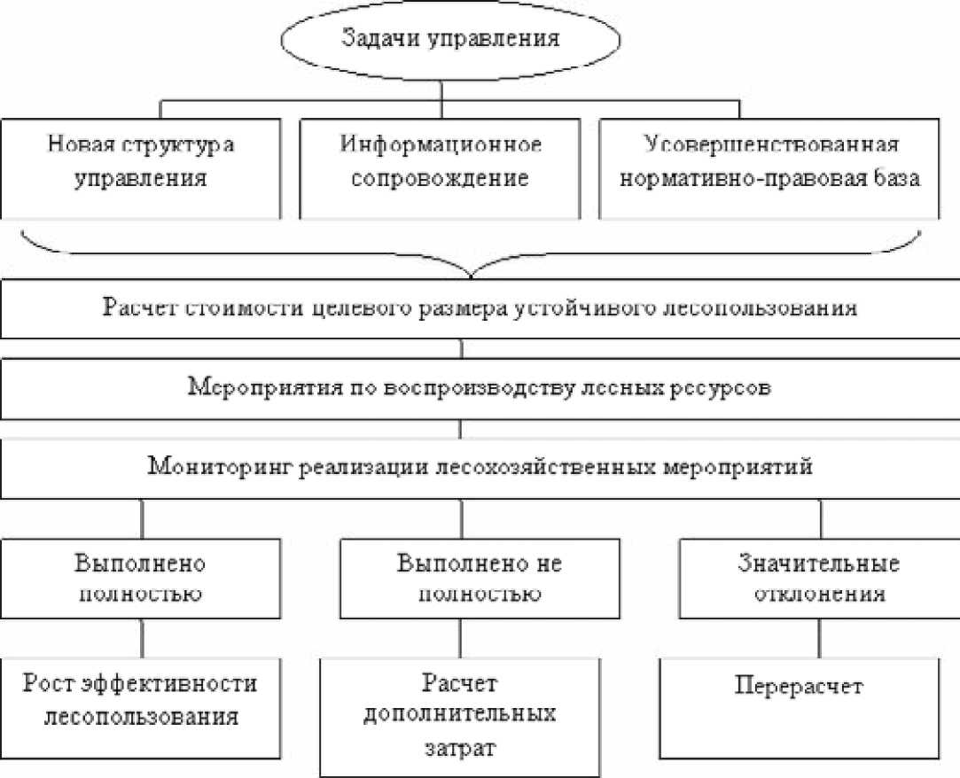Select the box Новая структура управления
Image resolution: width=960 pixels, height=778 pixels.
142,166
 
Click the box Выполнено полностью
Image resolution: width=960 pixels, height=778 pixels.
142,579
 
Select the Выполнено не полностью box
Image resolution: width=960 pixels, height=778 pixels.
479,579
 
